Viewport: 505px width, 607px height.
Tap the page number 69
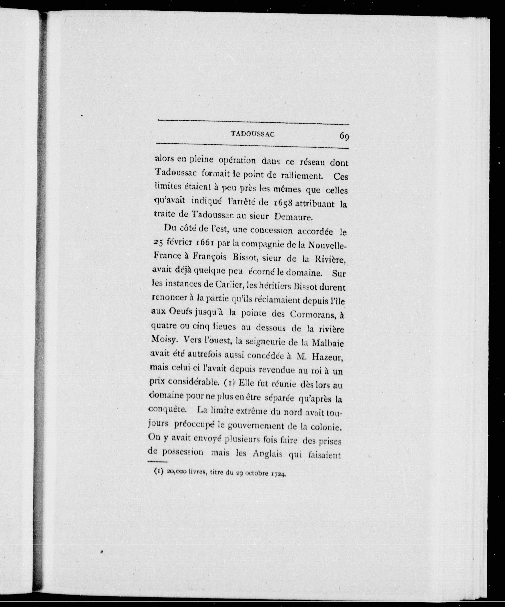pos(344,135)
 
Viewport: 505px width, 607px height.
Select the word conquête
pos(163,410)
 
